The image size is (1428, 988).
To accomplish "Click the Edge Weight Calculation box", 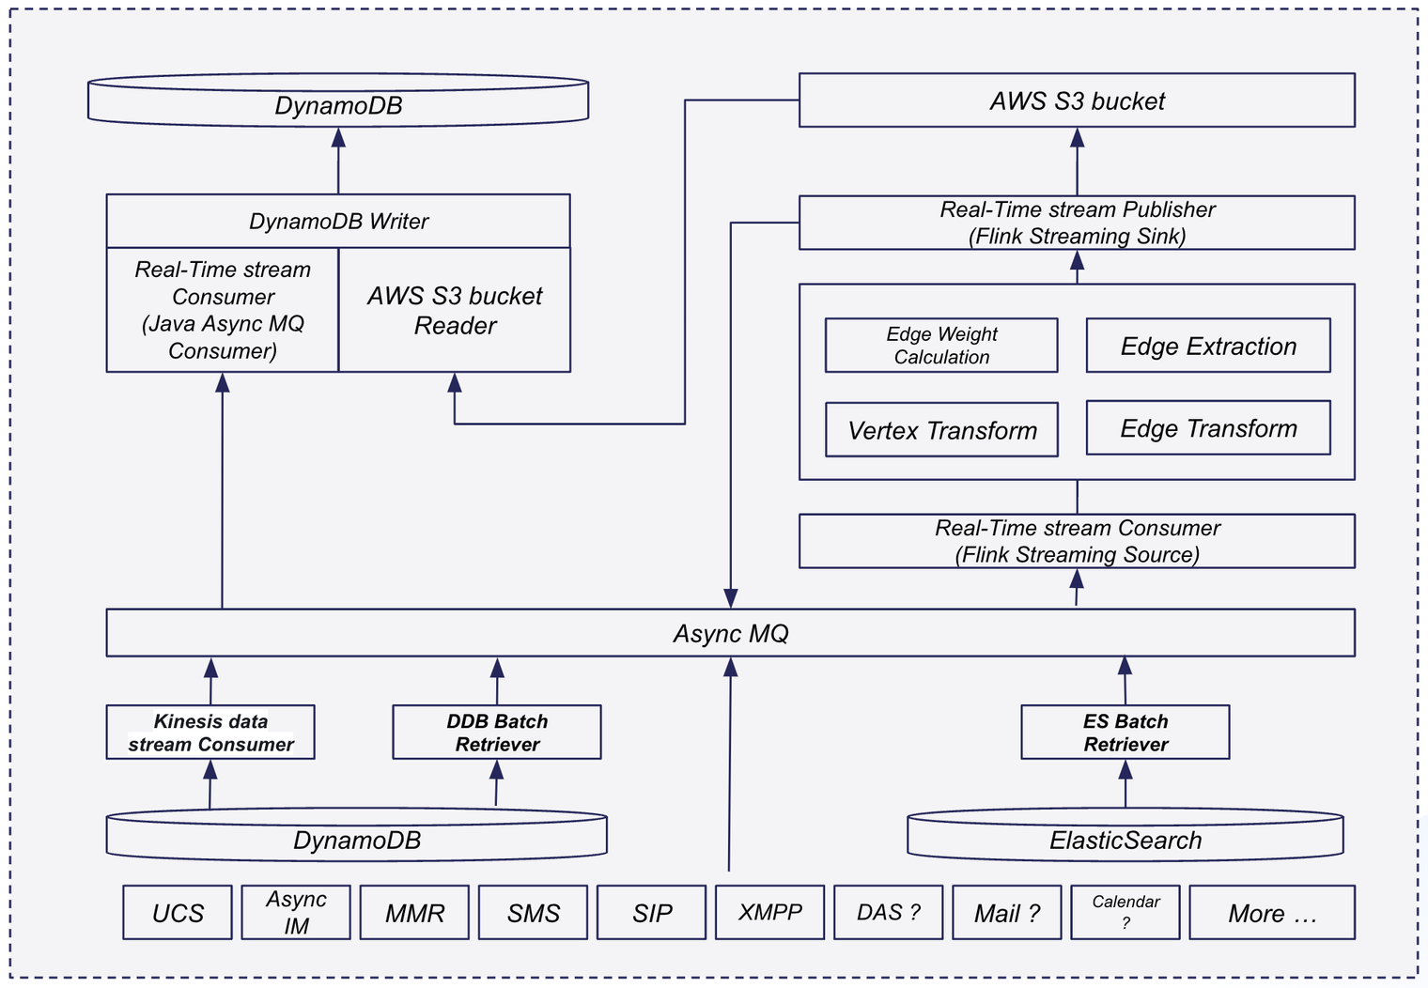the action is [941, 345].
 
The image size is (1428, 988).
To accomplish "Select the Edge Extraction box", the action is [1208, 345].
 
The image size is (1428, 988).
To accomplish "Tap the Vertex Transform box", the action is [941, 429].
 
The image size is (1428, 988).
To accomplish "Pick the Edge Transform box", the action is [1208, 427].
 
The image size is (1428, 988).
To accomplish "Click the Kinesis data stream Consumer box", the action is [210, 732].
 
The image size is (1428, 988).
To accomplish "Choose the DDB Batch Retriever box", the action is [497, 732].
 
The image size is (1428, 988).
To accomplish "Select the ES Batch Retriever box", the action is [1125, 732].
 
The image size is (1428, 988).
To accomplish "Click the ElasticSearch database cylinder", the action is [1125, 835].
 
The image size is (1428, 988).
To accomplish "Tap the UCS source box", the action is [178, 912].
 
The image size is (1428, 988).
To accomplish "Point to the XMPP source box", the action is [769, 912].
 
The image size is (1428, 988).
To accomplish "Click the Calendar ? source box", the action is [1125, 912].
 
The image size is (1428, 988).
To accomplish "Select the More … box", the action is [1272, 912].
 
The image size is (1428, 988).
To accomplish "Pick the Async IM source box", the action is [296, 912].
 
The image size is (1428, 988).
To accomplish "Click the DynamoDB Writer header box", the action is [338, 221].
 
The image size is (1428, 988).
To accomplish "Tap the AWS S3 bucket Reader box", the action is [455, 310].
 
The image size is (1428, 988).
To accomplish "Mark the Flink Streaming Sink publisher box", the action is [1077, 223].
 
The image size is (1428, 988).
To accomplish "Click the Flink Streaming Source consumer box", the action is [1077, 541].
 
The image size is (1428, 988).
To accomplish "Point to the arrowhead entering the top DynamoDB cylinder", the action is [338, 138].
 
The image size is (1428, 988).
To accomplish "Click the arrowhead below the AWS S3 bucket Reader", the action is [455, 382].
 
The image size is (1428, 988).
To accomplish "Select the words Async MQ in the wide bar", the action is [731, 633].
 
